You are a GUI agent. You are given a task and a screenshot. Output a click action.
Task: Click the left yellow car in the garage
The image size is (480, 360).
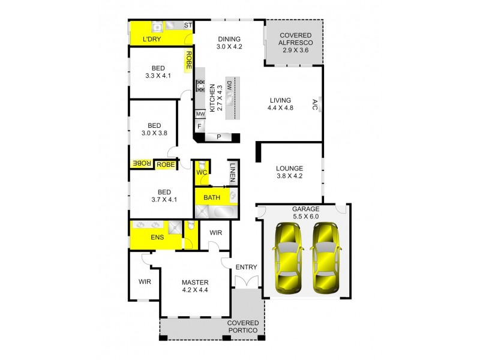point(287,258)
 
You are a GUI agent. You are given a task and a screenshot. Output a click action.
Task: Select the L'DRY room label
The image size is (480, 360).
point(151,39)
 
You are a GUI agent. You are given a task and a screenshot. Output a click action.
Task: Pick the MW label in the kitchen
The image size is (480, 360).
point(200,114)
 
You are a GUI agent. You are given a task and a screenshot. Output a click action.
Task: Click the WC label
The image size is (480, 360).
point(202,173)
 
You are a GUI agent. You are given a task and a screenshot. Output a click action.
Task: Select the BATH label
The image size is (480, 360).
point(211,197)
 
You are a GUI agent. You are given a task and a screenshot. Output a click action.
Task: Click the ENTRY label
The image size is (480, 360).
point(246,267)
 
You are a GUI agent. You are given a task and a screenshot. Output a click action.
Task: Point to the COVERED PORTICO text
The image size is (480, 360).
point(242,327)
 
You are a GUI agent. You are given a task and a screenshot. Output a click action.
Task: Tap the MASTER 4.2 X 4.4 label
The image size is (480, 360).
point(195,286)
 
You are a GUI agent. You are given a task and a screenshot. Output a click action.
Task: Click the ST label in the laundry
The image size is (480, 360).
point(187,25)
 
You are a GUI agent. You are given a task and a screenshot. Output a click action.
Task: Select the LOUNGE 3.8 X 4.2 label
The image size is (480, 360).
point(289,172)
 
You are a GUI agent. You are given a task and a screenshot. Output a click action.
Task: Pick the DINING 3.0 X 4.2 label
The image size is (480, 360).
point(229,42)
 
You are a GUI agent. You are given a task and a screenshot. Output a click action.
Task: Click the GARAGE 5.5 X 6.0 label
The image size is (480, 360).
point(305,213)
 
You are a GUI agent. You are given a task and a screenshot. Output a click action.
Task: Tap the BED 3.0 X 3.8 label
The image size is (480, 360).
point(154,129)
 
